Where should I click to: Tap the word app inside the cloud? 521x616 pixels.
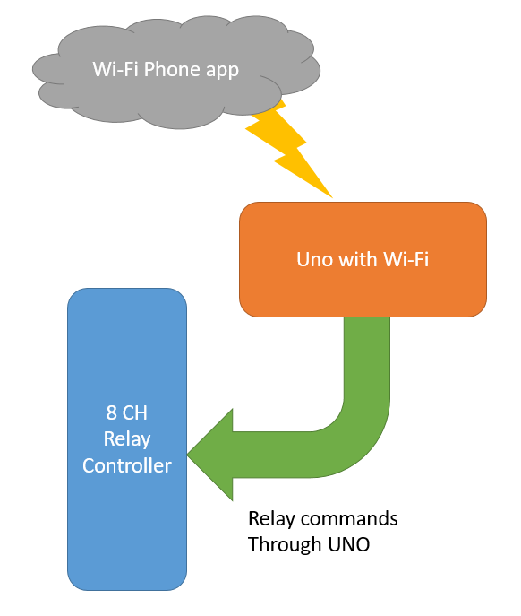coord(221,70)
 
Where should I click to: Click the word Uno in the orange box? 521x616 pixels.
coord(314,259)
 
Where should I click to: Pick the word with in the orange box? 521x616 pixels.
coord(355,259)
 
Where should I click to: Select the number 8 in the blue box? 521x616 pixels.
coord(108,414)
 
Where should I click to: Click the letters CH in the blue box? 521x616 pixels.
coord(133,414)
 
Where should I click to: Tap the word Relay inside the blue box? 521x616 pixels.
coord(127,439)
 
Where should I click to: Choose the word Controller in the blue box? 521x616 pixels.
coord(127,465)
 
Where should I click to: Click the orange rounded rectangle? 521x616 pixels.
coord(363,287)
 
